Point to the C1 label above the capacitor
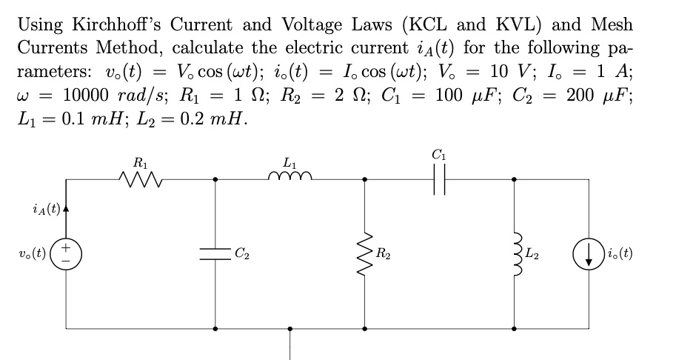coord(439,154)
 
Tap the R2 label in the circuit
coord(385,255)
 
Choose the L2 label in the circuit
coord(535,255)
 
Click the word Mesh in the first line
coord(612,25)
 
